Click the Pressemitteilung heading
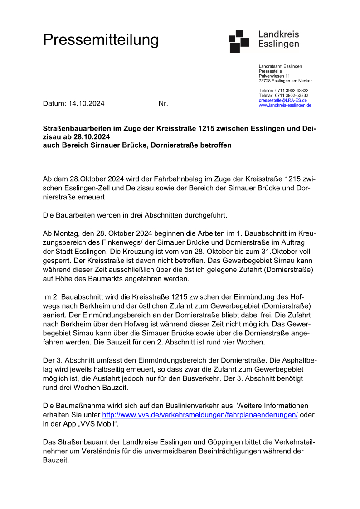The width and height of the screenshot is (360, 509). [x=101, y=40]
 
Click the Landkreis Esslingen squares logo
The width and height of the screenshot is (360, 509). [x=239, y=41]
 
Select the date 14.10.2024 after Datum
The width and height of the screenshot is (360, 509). [x=87, y=103]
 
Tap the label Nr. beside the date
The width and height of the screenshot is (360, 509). [x=163, y=103]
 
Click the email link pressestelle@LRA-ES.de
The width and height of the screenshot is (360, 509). [x=282, y=100]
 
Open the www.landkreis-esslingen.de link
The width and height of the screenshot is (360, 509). [x=285, y=105]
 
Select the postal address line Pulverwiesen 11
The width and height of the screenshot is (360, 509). [x=274, y=76]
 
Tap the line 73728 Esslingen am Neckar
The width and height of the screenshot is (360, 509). [x=285, y=81]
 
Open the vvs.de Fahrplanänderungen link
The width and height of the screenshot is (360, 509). [x=200, y=415]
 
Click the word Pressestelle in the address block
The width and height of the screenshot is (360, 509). [x=270, y=71]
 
